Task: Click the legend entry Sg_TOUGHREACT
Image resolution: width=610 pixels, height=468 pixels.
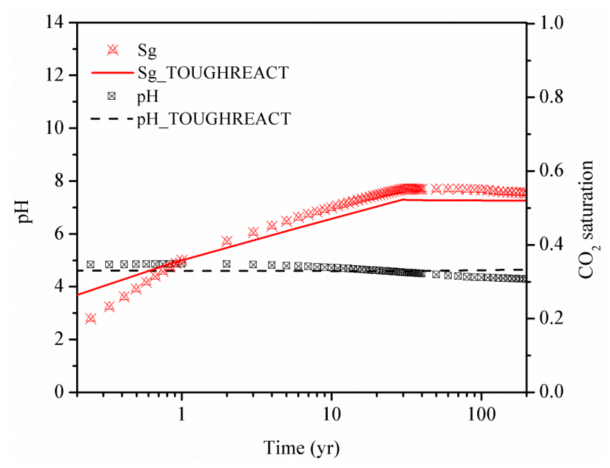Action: [x=213, y=73]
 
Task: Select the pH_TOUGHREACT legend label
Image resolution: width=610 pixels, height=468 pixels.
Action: [x=214, y=119]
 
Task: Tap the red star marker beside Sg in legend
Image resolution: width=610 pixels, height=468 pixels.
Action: [x=113, y=50]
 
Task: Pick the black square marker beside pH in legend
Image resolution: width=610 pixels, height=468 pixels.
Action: [x=112, y=96]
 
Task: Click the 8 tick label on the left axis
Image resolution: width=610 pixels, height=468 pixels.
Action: [x=59, y=181]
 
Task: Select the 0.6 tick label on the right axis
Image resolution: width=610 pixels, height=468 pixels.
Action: [x=551, y=171]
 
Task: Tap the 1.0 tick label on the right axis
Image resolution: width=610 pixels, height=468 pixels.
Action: [x=551, y=23]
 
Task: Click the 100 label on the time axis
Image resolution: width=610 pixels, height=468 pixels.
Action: [x=481, y=414]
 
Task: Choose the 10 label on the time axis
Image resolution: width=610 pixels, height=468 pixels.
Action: [x=332, y=414]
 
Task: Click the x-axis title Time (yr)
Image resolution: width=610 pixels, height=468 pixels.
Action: [x=302, y=448]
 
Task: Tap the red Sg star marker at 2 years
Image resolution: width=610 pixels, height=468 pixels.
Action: [x=227, y=241]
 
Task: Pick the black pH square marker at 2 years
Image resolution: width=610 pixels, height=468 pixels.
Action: [x=227, y=264]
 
